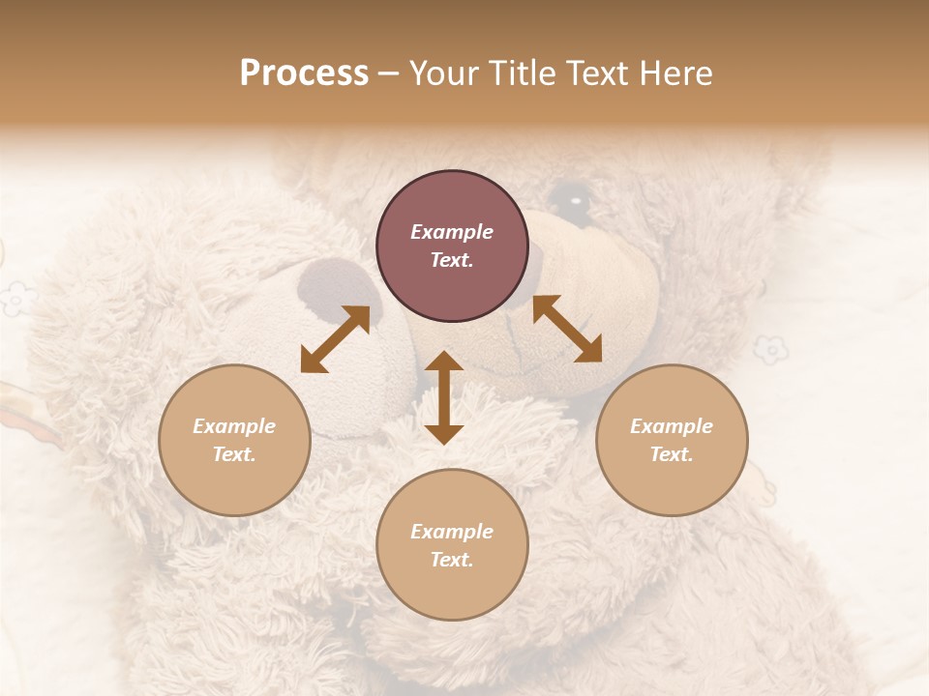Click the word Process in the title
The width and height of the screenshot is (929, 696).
304,73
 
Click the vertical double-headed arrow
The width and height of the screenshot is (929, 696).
444,397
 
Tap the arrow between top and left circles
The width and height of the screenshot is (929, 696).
335,339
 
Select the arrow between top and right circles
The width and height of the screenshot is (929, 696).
567,329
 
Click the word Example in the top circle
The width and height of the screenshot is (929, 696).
452,232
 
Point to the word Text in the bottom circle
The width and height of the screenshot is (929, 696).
452,560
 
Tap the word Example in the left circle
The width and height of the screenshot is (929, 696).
234,426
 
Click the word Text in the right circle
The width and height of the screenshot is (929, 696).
672,454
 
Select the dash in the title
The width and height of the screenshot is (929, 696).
388,73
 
